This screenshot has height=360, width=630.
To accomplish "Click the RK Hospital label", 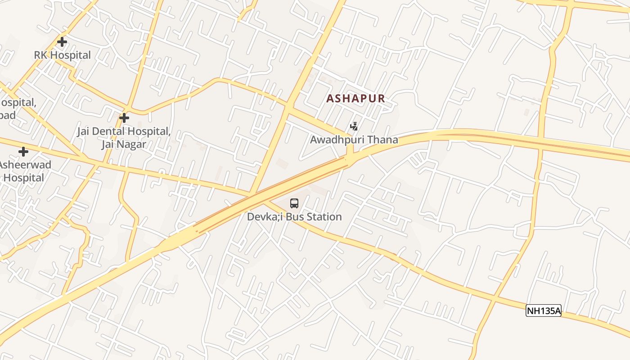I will coord(63,55).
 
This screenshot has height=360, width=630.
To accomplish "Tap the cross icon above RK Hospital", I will coord(62,42).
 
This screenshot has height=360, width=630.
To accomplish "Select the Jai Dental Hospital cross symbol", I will coord(124,118).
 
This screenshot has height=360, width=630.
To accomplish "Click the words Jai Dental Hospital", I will coord(124,132).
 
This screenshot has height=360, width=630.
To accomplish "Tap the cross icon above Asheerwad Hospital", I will coord(23,151).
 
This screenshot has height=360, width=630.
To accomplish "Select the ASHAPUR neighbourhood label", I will coord(355,99).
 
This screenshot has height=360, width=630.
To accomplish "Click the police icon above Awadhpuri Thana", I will coord(355,126).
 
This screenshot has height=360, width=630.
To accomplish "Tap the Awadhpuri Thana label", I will coord(354,140).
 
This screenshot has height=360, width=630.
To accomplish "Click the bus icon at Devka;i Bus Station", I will coord(294,203).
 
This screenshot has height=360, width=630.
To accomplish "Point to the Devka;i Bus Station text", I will coord(294,217).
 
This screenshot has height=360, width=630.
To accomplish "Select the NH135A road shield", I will coord(544,310).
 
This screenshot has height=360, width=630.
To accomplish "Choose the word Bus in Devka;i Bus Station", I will coord(293,217).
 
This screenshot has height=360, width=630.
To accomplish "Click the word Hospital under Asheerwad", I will coord(24,178).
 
